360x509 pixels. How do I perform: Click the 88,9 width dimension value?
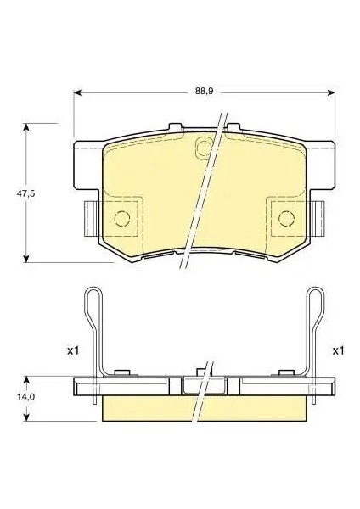pyautogui.click(x=204, y=91)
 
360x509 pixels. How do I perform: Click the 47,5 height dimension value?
pyautogui.click(x=26, y=193)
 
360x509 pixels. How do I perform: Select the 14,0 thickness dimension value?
pyautogui.click(x=26, y=396)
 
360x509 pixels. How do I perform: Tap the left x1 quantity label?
pyautogui.click(x=73, y=350)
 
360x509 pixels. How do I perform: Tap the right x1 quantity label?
pyautogui.click(x=338, y=350)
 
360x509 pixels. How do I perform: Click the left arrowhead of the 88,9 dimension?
pyautogui.click(x=77, y=92)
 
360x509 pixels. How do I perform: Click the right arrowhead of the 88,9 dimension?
pyautogui.click(x=331, y=92)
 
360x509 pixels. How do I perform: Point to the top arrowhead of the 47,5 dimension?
pyautogui.click(x=26, y=127)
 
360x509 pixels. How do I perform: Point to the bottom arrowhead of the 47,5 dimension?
pyautogui.click(x=26, y=259)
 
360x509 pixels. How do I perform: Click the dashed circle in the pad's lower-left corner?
pyautogui.click(x=122, y=211)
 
